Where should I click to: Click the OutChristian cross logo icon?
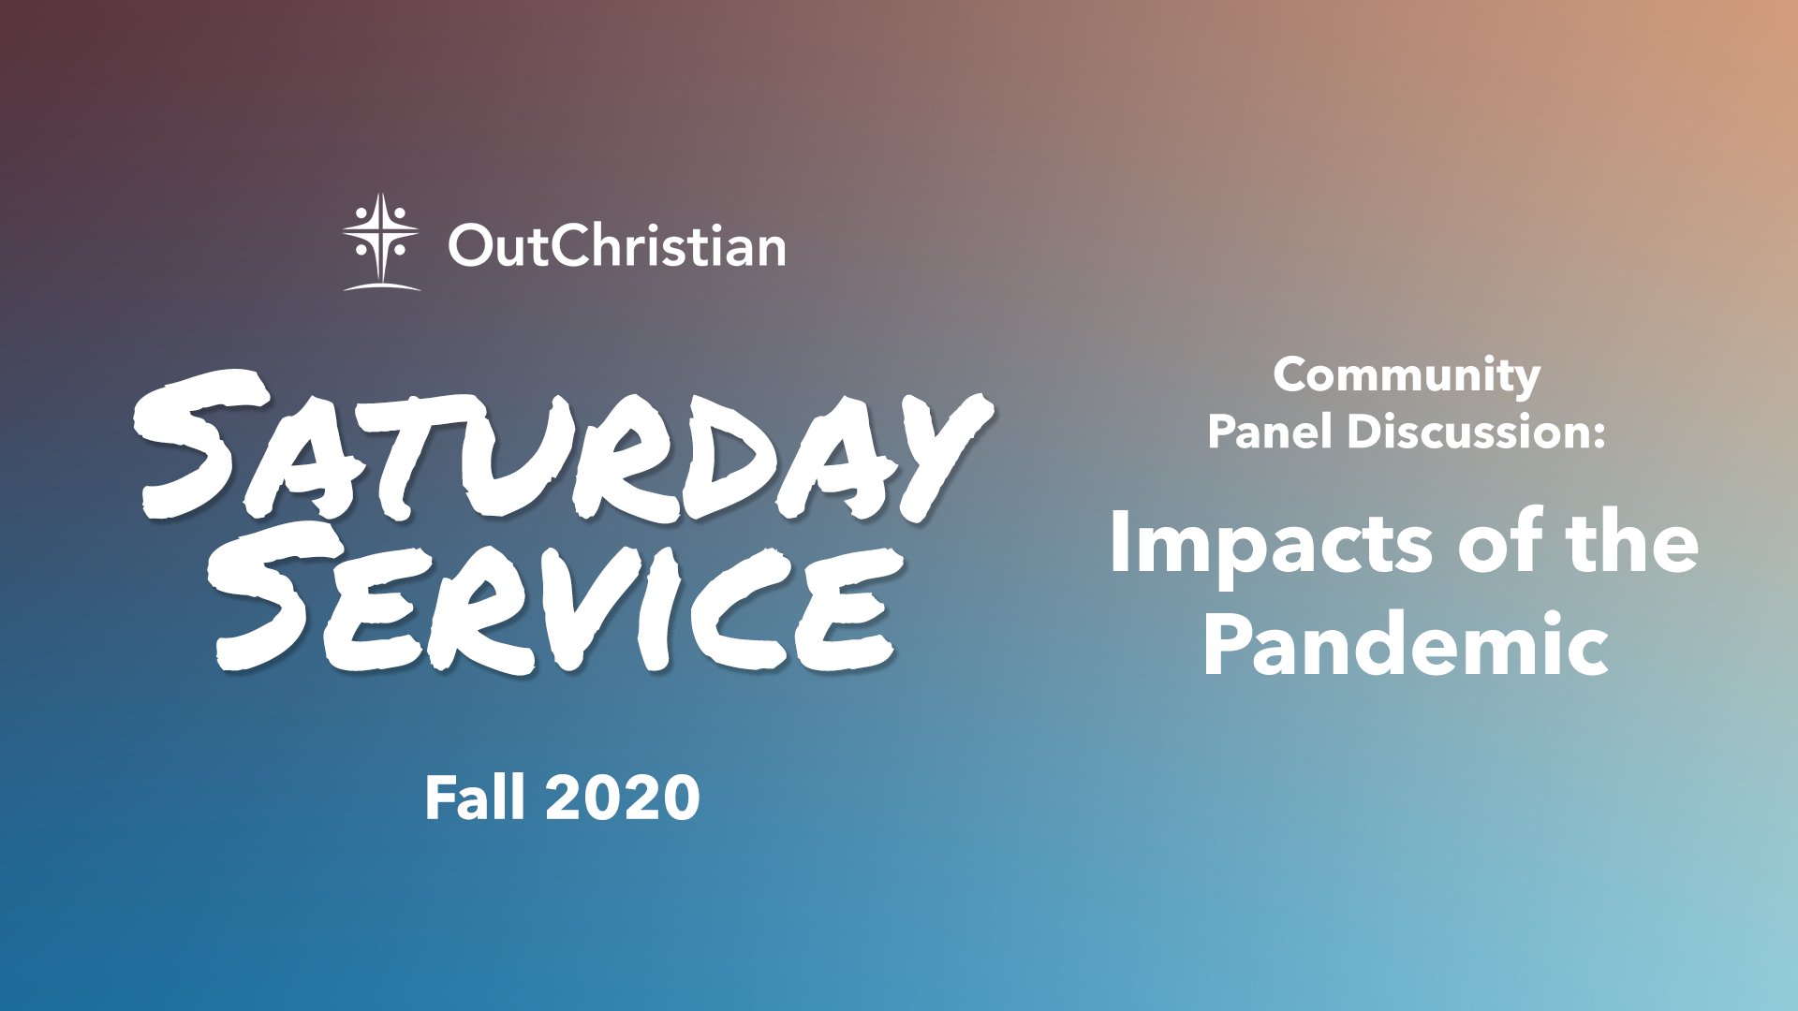coord(381,242)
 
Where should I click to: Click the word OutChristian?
coord(617,245)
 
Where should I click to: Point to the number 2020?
coord(623,799)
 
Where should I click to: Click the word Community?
coord(1407,376)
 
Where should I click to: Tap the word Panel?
coord(1270,432)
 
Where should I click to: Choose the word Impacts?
coord(1271,544)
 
